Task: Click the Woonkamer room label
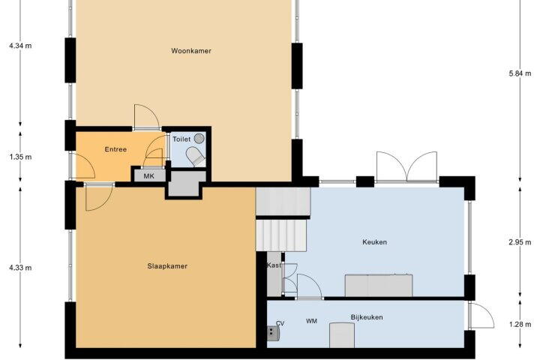[x=191, y=51]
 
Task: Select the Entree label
[x=115, y=149]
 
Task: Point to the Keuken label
[x=374, y=242]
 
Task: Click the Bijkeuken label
[x=367, y=317]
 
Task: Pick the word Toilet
[x=181, y=139]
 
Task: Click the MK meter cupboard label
[x=148, y=176]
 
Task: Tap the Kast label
[x=274, y=265]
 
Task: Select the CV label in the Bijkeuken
[x=280, y=323]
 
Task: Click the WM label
[x=312, y=321]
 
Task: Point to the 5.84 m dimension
[x=520, y=73]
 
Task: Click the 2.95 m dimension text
[x=520, y=242]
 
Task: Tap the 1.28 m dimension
[x=520, y=324]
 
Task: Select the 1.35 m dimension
[x=20, y=157]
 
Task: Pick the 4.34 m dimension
[x=20, y=46]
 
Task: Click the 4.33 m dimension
[x=20, y=268]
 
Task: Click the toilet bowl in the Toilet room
[x=196, y=157]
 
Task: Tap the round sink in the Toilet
[x=199, y=139]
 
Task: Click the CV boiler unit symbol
[x=273, y=334]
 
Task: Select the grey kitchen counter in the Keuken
[x=379, y=285]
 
